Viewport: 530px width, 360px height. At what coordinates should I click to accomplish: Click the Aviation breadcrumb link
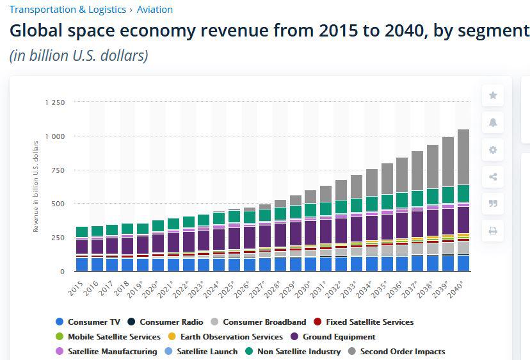tap(154, 10)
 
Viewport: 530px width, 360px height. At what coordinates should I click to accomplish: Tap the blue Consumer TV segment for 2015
tap(82, 264)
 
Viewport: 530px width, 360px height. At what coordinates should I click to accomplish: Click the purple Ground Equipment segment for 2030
tap(310, 232)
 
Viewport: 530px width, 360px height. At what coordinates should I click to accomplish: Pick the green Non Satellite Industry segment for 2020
tap(158, 225)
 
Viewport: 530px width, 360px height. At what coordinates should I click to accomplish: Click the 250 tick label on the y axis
tap(58, 238)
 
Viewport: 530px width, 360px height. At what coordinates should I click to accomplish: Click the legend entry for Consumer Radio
tap(171, 322)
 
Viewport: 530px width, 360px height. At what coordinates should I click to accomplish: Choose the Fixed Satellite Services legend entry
tap(369, 322)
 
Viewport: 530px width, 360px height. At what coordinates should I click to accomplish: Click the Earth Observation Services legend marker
tap(171, 337)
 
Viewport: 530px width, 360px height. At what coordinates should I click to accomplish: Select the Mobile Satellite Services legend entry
tap(114, 337)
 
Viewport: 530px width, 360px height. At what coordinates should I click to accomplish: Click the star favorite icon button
tap(493, 95)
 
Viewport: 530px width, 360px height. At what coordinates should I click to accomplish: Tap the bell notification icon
tap(493, 123)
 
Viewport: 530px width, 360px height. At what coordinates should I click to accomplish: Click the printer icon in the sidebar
tap(493, 231)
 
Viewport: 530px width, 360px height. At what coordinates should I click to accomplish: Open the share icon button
tap(493, 177)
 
